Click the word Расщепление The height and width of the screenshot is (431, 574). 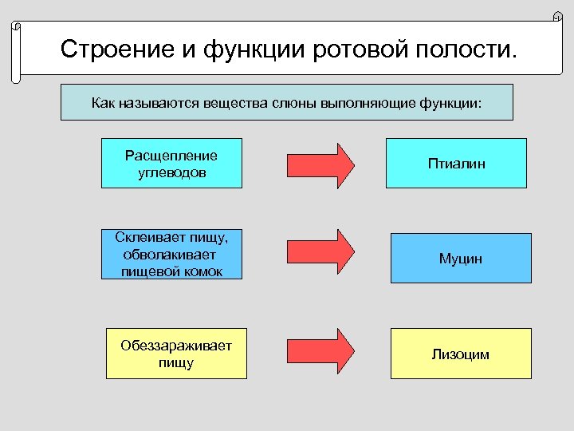click(171, 155)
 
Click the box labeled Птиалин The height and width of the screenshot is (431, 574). click(456, 164)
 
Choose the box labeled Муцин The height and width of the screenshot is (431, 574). click(460, 259)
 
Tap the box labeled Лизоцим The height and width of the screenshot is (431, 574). click(460, 354)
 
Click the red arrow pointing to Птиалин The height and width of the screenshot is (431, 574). click(320, 164)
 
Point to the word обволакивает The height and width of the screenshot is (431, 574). click(170, 255)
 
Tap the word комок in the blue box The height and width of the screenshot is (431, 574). click(202, 271)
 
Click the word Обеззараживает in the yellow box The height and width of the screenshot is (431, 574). click(176, 346)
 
